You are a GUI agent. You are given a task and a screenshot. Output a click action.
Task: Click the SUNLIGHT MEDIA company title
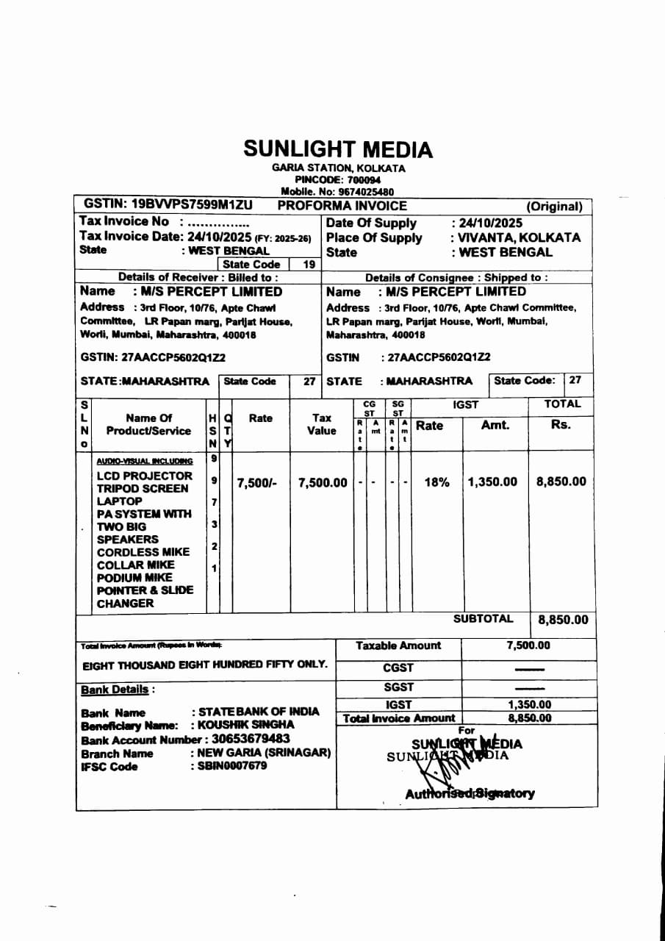coord(338,149)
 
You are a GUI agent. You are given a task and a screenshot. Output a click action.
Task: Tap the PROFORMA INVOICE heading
coord(342,206)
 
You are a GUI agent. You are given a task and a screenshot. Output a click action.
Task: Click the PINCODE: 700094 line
coord(338,179)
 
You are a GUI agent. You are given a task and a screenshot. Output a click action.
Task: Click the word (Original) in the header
coord(554,207)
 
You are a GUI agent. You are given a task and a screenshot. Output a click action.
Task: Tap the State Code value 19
coord(309,264)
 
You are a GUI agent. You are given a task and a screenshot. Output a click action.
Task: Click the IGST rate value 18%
coord(436,482)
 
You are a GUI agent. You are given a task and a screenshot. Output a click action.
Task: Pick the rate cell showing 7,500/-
coord(256,483)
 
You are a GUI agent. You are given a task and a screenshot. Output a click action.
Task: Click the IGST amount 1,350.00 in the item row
coord(492,482)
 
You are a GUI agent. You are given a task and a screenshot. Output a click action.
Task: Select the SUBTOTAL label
coord(483,619)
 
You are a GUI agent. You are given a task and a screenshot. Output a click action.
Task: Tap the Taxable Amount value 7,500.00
coord(528,645)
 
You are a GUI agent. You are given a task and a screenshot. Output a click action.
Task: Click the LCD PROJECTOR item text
coord(144,476)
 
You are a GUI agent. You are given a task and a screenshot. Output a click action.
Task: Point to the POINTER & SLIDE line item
coord(145,590)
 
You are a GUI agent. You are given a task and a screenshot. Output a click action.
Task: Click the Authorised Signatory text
coord(470,793)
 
